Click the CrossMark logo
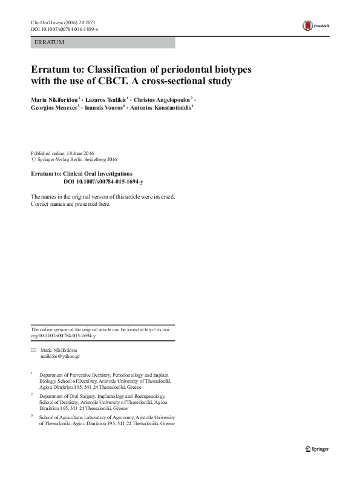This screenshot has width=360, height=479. (315, 25)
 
